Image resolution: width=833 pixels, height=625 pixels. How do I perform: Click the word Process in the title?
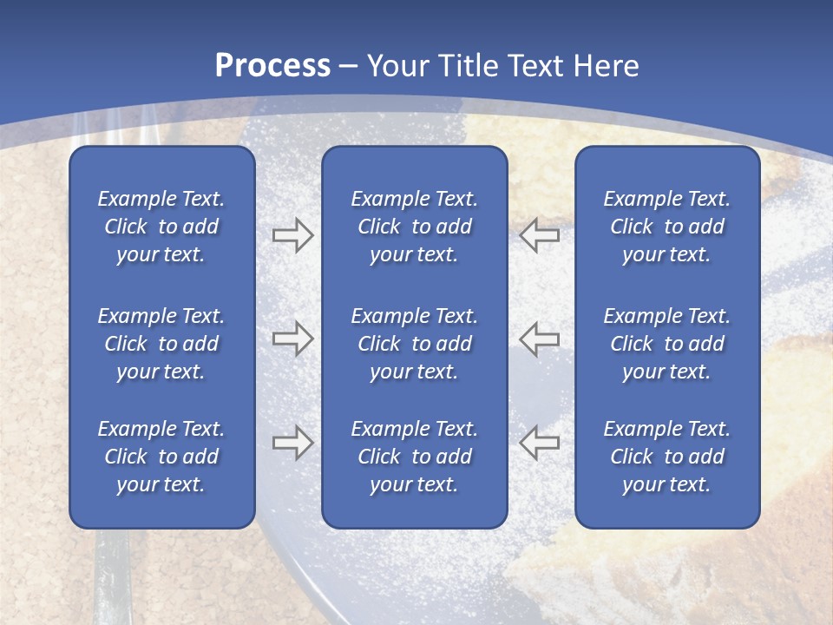[x=272, y=65]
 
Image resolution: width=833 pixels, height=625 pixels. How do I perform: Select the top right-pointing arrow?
[x=292, y=235]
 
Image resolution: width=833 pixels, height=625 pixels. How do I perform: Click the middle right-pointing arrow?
[x=292, y=339]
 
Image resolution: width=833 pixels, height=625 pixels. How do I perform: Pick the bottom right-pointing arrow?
[x=292, y=443]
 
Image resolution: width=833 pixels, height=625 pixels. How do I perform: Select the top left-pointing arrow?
[x=540, y=235]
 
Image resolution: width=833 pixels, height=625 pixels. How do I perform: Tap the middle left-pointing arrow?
[x=540, y=339]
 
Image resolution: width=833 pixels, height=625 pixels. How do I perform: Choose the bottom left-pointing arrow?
[x=540, y=443]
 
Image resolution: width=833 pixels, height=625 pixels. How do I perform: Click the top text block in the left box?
[x=161, y=227]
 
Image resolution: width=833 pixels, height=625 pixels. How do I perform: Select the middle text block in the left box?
[x=161, y=344]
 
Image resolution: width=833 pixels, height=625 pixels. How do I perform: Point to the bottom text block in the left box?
[x=161, y=457]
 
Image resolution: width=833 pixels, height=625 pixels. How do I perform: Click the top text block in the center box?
[x=415, y=227]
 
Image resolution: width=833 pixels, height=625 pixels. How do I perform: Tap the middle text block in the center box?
[x=415, y=344]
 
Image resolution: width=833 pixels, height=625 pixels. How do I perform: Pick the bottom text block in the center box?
[x=415, y=457]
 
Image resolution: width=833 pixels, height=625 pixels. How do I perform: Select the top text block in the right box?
[x=667, y=227]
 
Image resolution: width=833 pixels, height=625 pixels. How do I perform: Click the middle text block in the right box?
[x=667, y=344]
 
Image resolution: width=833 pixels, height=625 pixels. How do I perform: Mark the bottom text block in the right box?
[x=667, y=457]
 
